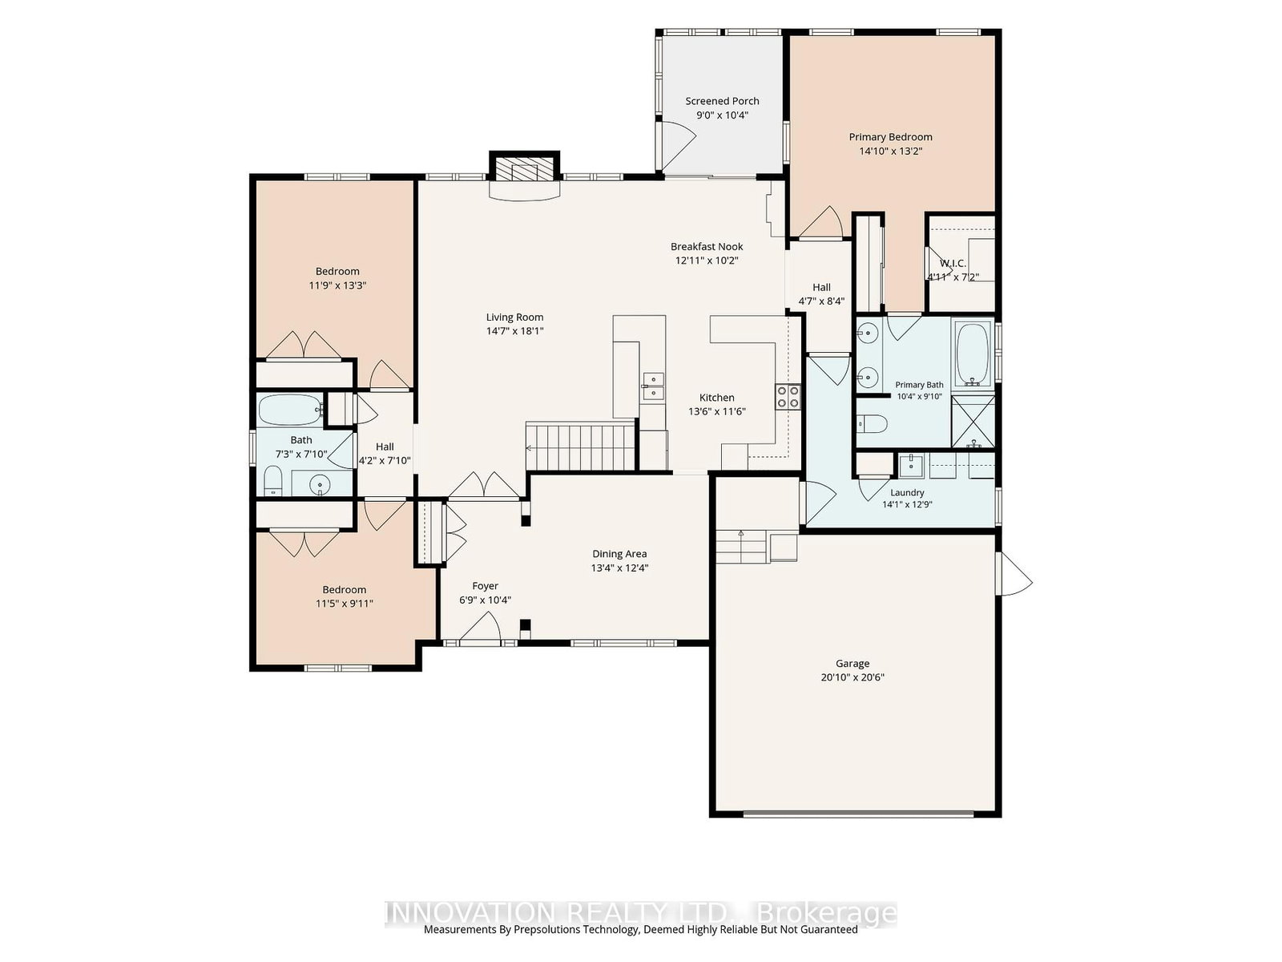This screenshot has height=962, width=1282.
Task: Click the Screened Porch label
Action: [722, 101]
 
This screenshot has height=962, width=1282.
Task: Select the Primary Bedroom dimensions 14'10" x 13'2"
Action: [890, 151]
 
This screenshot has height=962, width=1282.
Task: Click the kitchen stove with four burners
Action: [788, 397]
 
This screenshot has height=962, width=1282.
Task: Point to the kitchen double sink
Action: [652, 386]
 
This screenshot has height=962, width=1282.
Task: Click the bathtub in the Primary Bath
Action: [972, 355]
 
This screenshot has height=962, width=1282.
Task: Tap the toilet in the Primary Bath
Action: [872, 423]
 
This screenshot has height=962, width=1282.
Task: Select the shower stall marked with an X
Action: [973, 421]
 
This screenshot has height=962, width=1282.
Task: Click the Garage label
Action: [853, 663]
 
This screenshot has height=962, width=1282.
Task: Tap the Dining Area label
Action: [619, 553]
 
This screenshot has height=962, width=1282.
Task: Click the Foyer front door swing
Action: [481, 626]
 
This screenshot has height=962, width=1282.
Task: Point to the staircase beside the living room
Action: [580, 447]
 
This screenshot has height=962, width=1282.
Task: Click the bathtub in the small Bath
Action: [290, 410]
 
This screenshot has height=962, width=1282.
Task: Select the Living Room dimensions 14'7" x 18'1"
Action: [514, 330]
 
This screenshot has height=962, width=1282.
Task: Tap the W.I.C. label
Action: [953, 264]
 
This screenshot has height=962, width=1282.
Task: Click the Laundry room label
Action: [906, 492]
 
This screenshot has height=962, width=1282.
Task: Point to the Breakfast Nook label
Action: [707, 246]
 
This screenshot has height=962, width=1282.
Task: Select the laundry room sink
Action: [910, 466]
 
